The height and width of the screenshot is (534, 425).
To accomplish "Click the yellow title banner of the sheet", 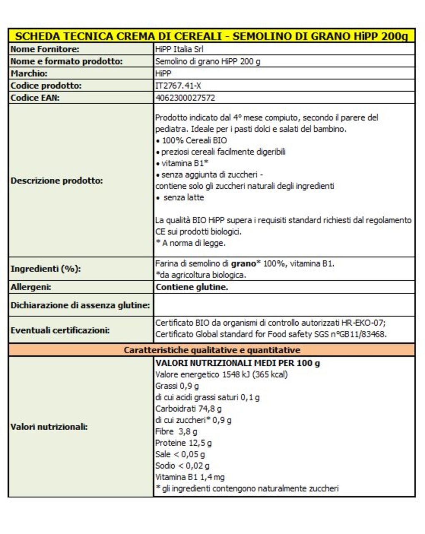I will click(212, 36).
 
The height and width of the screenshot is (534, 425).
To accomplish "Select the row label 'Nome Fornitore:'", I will click(45, 49).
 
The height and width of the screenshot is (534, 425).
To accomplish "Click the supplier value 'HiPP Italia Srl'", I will click(179, 49).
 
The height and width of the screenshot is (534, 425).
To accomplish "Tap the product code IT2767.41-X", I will click(178, 86).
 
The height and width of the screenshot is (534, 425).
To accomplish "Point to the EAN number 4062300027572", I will click(185, 98).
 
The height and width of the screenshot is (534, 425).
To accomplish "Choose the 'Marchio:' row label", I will click(29, 74).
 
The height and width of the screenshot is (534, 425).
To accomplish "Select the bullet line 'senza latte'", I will click(183, 197).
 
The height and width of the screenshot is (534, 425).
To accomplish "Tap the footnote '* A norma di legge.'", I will click(190, 243).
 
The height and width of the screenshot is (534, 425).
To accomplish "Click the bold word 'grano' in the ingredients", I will click(243, 264).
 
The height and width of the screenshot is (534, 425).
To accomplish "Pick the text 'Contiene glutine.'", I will click(192, 287).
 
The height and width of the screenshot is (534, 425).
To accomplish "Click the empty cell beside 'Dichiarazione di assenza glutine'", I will click(284, 305).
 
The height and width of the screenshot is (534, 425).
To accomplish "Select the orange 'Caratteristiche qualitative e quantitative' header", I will click(212, 350).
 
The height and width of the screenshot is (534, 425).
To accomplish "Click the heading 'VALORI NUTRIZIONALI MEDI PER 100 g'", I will click(237, 363).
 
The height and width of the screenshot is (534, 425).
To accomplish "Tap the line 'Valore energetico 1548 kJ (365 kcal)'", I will click(221, 374).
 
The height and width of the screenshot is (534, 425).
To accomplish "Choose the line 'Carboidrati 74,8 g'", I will click(188, 409).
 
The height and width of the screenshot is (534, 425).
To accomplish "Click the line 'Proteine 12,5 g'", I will click(183, 443).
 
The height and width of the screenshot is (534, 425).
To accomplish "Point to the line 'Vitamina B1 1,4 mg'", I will click(190, 477).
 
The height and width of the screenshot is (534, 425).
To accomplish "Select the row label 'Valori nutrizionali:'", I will click(49, 427).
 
